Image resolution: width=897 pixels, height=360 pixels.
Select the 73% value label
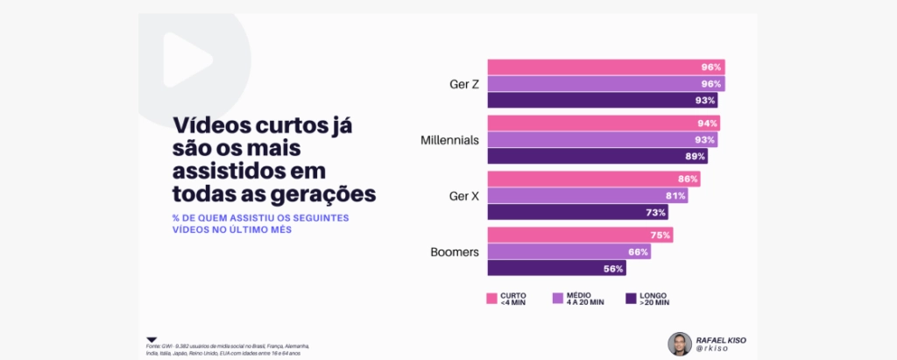click(x=656, y=212)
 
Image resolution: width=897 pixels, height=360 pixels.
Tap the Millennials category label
click(x=449, y=140)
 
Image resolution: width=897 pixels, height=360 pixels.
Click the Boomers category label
click(x=454, y=252)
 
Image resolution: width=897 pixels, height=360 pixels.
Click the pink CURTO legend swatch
click(x=491, y=299)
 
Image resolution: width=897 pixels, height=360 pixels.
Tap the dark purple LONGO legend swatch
click(x=630, y=299)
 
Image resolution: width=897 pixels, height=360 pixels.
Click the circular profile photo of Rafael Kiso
click(x=680, y=344)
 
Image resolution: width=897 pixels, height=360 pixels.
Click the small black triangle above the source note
click(x=152, y=339)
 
